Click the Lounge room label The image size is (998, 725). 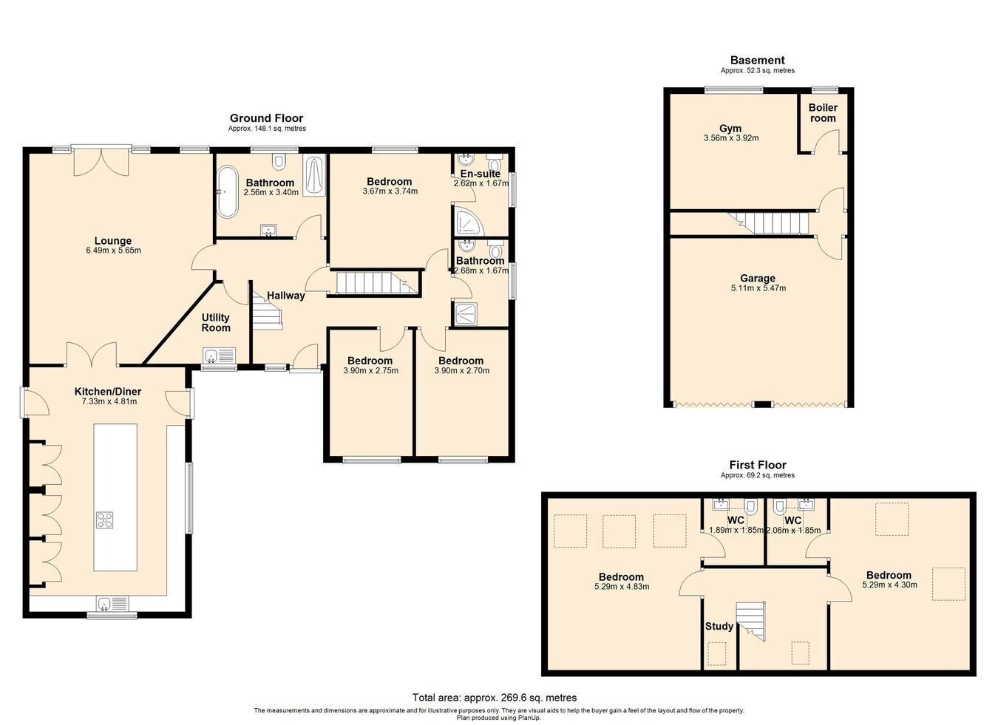click(112, 241)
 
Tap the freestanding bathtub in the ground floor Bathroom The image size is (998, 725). click(227, 191)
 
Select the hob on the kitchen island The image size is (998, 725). click(105, 520)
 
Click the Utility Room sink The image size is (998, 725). click(219, 355)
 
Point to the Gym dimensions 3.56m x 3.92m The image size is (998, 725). click(731, 138)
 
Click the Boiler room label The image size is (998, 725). click(823, 113)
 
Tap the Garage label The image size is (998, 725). click(758, 279)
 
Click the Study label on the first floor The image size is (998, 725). click(719, 626)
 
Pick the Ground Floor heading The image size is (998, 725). click(266, 118)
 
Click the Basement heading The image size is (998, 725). click(758, 60)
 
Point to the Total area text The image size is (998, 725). click(495, 698)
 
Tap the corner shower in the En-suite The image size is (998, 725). click(469, 221)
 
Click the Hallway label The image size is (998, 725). click(286, 296)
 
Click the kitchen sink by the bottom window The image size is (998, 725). click(112, 603)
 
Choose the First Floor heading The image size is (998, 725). click(758, 465)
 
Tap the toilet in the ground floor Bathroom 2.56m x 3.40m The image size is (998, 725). click(279, 161)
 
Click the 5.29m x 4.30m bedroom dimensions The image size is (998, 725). click(890, 585)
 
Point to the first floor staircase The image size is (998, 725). click(750, 622)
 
